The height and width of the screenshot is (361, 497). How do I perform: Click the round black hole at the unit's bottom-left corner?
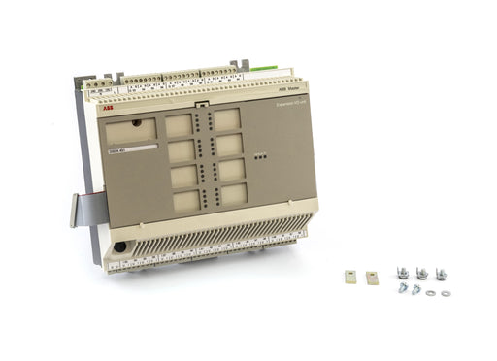click(119, 246)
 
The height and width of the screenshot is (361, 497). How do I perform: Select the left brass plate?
click(351, 277)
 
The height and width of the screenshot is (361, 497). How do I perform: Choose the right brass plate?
click(371, 277)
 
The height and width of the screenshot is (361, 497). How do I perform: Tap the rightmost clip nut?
click(441, 273)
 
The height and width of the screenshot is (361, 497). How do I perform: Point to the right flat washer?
click(446, 292)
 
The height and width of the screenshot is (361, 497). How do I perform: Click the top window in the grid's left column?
click(178, 124)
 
